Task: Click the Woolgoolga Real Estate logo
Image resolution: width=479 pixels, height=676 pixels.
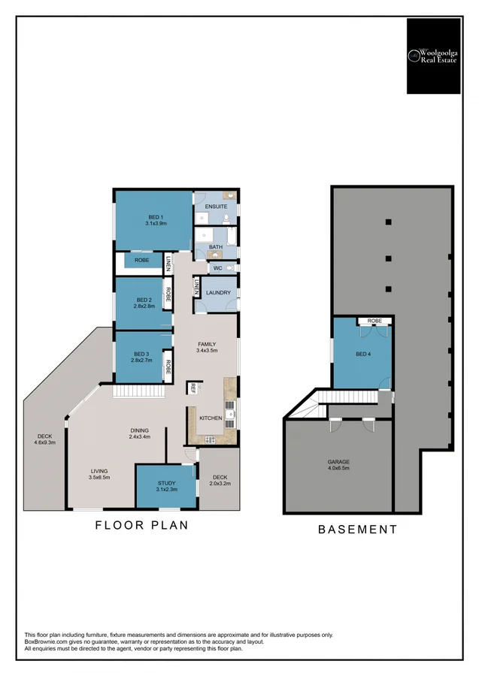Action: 434,56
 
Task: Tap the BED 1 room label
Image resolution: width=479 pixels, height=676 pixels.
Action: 156,217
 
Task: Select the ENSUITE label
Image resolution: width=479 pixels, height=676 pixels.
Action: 216,207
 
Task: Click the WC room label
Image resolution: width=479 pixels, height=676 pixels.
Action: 217,268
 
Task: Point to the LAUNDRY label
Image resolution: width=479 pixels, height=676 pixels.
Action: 218,292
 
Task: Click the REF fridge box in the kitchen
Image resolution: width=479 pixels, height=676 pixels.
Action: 193,388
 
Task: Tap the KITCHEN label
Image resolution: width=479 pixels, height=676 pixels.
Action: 211,418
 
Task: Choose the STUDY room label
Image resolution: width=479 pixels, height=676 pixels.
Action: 167,483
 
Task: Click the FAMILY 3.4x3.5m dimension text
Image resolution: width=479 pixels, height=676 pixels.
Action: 207,351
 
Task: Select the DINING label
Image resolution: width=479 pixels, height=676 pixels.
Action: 139,430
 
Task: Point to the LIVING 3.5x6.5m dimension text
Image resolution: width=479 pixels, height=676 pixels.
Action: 99,477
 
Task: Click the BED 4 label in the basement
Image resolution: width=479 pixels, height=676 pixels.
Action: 363,354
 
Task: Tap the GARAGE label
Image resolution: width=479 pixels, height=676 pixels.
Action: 338,462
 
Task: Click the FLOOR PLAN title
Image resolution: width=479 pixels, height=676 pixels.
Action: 141,525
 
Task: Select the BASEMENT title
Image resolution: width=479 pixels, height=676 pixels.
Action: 358,529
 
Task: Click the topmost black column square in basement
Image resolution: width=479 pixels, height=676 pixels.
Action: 388,222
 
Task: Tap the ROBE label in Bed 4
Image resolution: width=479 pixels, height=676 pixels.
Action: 374,321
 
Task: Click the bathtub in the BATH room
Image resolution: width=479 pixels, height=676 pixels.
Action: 232,237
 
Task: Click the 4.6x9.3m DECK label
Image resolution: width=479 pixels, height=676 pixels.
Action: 45,442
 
